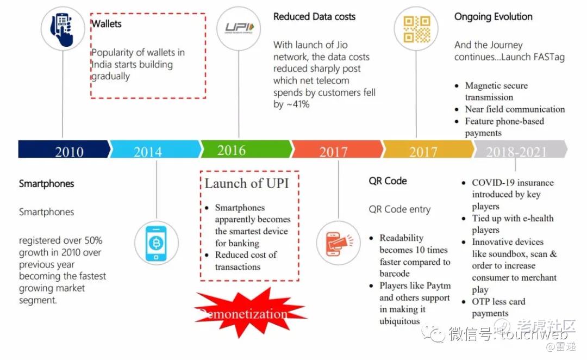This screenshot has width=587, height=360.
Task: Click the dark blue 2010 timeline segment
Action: coord(63,150)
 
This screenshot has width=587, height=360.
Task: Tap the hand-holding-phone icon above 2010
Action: coord(63,29)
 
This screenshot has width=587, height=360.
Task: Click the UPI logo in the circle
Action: coord(239,29)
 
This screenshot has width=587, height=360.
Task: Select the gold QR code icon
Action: coord(416,29)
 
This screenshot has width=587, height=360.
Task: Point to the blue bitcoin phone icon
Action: coord(156,243)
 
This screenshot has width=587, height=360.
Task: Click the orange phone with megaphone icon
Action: coord(338,243)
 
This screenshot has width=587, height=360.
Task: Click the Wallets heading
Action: coord(107,24)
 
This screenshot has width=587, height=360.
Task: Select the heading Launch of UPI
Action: coord(246,183)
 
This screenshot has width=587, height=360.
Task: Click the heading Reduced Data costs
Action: coord(314,17)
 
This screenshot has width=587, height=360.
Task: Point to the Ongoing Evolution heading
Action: coord(493,17)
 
